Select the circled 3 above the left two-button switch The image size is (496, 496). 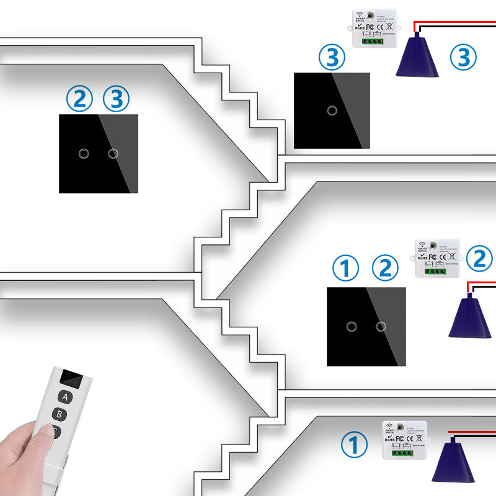click(117, 99)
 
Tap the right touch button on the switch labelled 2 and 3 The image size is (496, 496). click(113, 153)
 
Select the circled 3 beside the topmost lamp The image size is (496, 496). click(463, 57)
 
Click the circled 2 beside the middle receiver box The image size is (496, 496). click(479, 259)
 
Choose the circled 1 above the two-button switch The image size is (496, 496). click(346, 268)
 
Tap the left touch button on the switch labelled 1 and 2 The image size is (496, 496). click(352, 325)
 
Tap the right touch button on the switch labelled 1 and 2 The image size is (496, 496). click(381, 325)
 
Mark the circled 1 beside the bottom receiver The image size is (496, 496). click(355, 446)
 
